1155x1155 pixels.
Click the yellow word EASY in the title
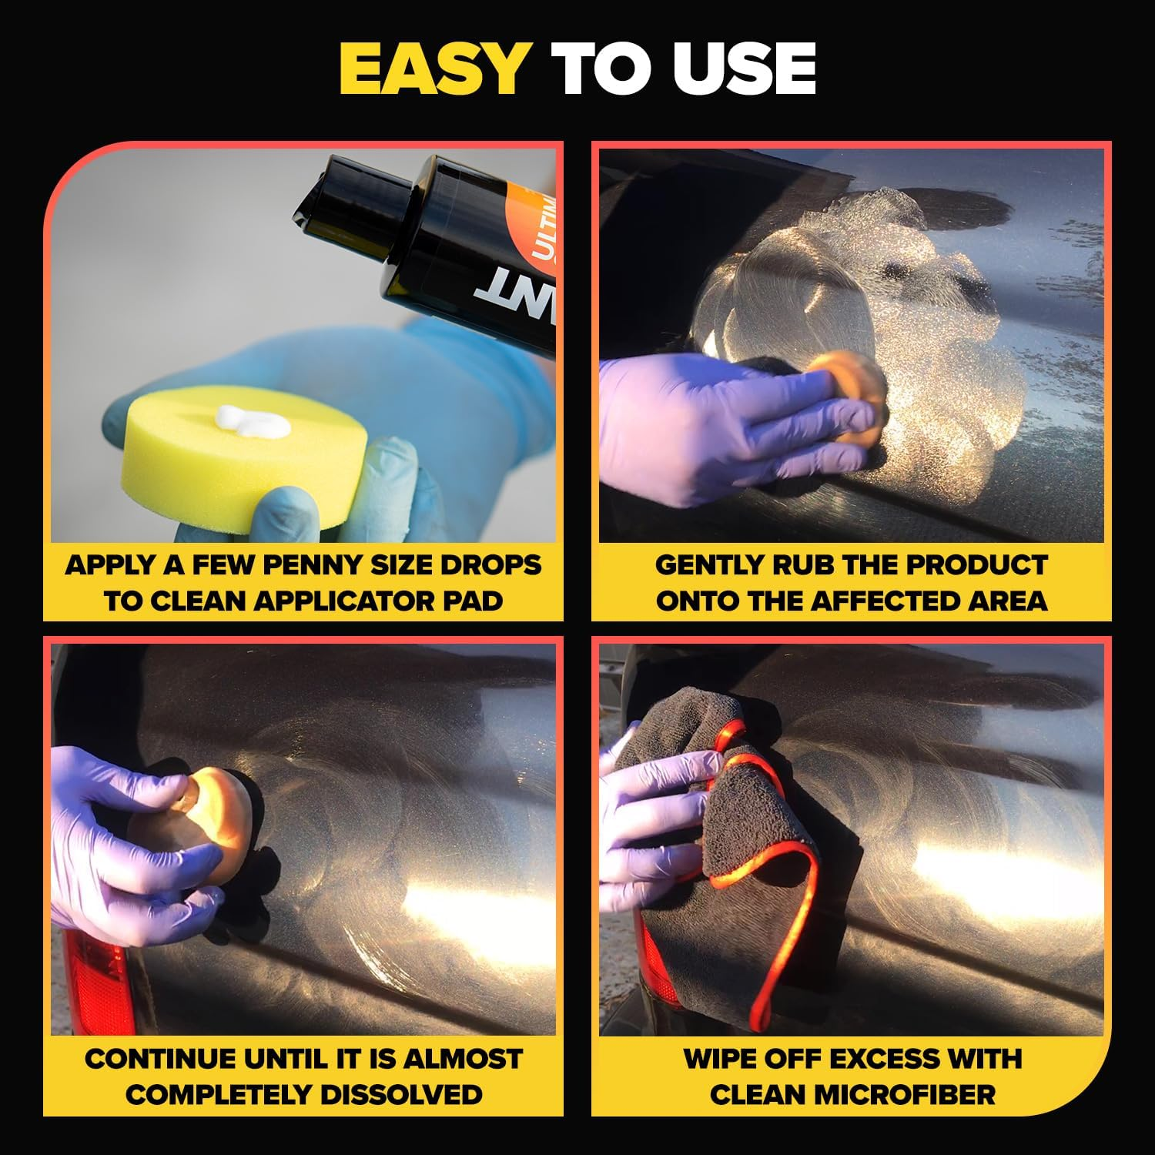tap(433, 69)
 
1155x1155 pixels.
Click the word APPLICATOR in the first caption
tap(326, 601)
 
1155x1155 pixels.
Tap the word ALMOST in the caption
tap(463, 1060)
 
